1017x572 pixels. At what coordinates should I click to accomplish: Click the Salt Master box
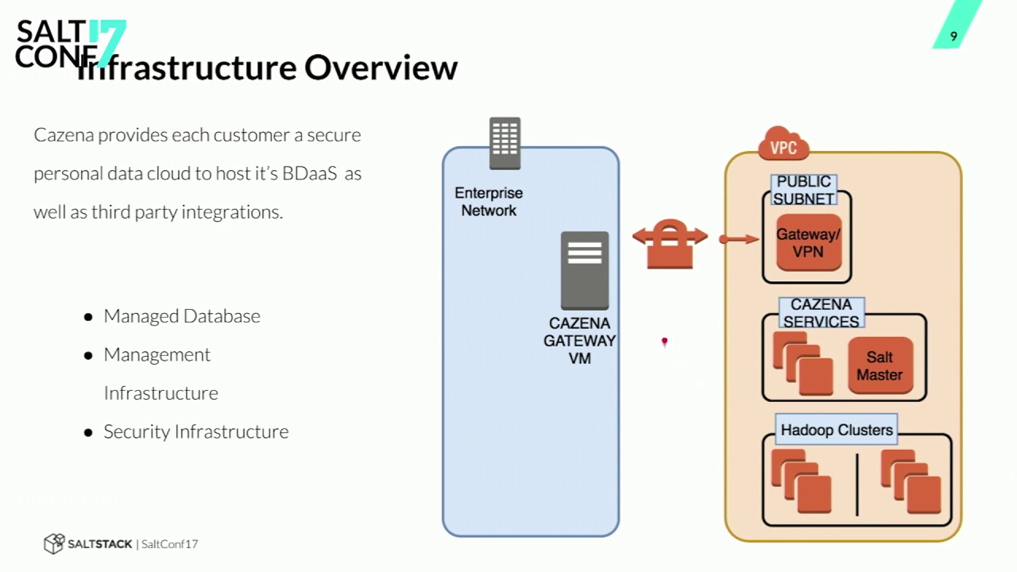pyautogui.click(x=880, y=365)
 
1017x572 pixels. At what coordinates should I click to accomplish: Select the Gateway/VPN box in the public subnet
pyautogui.click(x=808, y=243)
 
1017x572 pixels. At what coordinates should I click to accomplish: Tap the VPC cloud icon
pyautogui.click(x=783, y=146)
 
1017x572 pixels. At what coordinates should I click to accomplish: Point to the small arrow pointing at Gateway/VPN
pyautogui.click(x=738, y=238)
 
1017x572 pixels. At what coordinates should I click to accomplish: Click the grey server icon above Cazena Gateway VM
pyautogui.click(x=585, y=270)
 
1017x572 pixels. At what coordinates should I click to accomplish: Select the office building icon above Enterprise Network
pyautogui.click(x=505, y=143)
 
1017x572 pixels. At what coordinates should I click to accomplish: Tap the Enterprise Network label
pyautogui.click(x=489, y=202)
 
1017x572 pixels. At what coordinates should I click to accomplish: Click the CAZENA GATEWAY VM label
pyautogui.click(x=580, y=341)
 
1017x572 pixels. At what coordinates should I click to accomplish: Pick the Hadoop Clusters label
pyautogui.click(x=837, y=430)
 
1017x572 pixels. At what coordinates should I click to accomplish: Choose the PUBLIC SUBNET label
pyautogui.click(x=804, y=191)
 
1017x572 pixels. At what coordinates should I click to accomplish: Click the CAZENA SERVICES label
pyautogui.click(x=821, y=313)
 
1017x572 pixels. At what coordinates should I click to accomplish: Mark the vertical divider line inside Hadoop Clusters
pyautogui.click(x=857, y=484)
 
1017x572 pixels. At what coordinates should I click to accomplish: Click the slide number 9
pyautogui.click(x=953, y=37)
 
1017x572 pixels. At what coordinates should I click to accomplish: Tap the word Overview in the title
pyautogui.click(x=381, y=68)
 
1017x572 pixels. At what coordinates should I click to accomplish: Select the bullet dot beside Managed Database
pyautogui.click(x=88, y=317)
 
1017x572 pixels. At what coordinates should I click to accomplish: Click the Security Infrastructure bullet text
pyautogui.click(x=196, y=431)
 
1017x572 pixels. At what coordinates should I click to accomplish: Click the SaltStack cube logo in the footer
pyautogui.click(x=53, y=543)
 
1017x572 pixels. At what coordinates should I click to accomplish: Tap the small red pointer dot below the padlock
pyautogui.click(x=664, y=342)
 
